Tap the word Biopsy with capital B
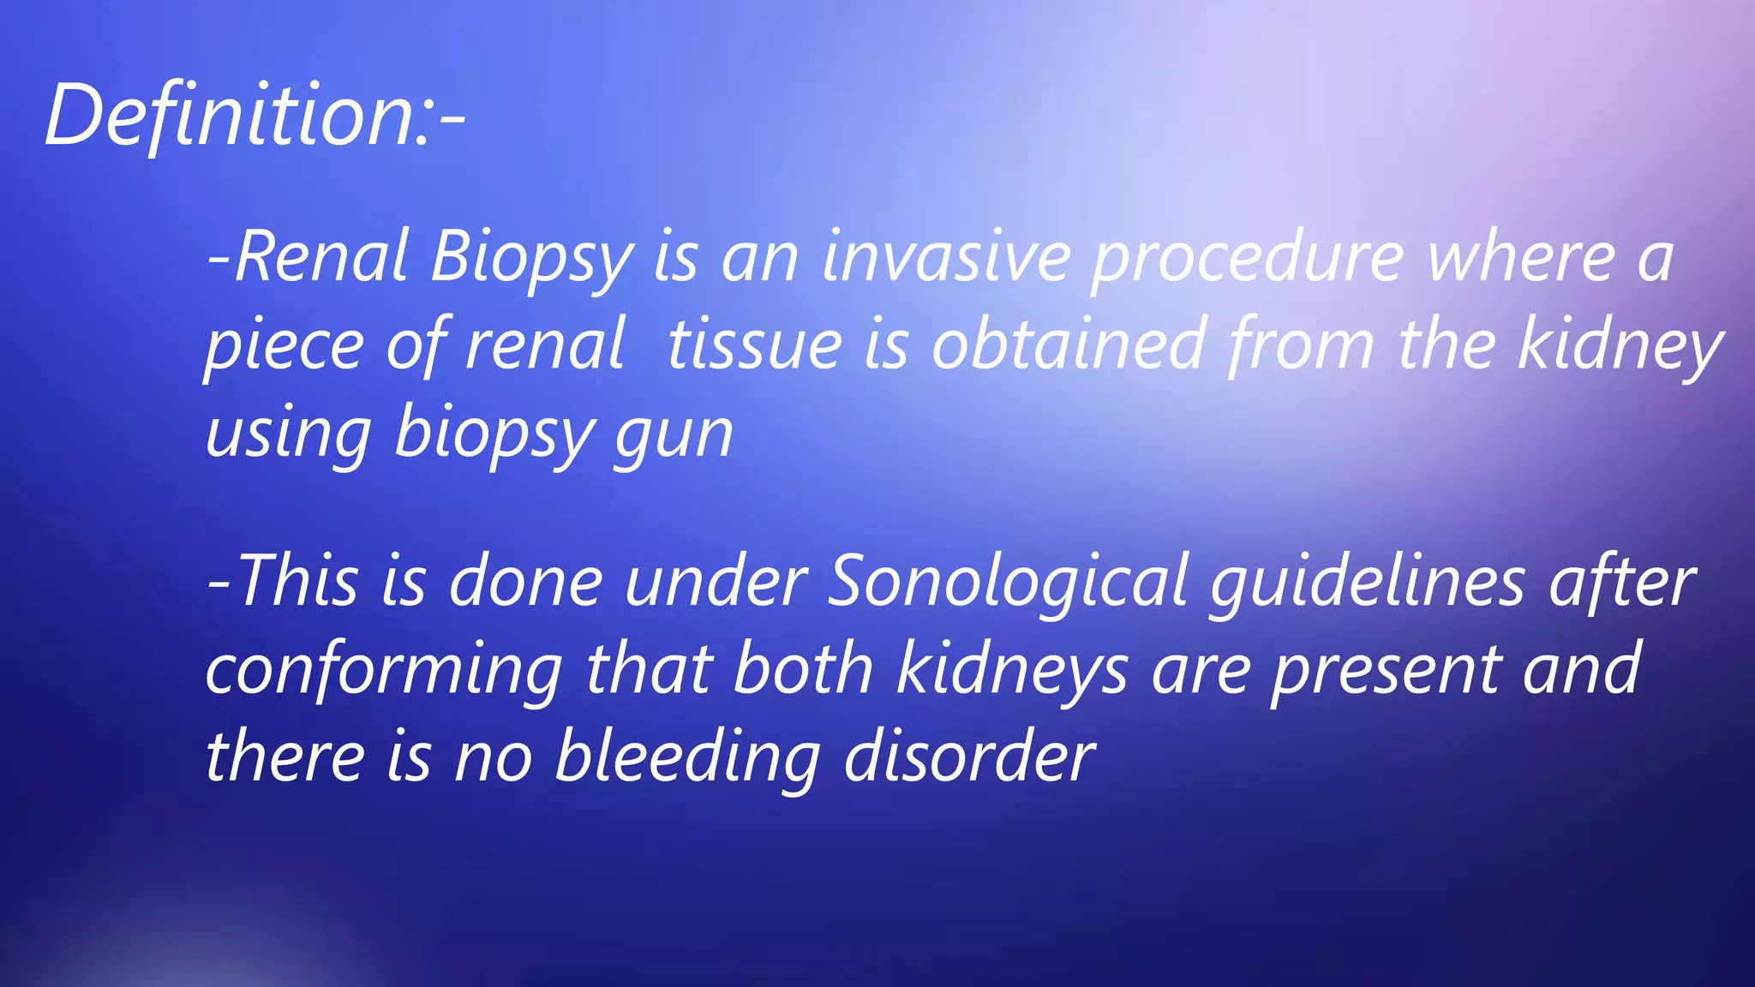tap(531, 259)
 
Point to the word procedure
tap(1248, 259)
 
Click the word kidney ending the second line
tap(1620, 346)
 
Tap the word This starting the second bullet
tap(296, 583)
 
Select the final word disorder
tap(968, 757)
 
